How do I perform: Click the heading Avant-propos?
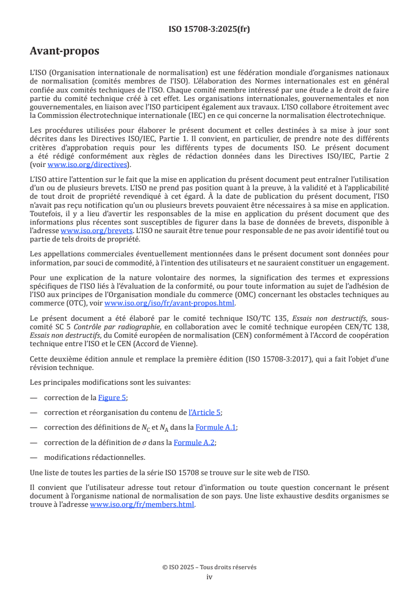pyautogui.click(x=64, y=51)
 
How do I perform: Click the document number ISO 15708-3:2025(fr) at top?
pyautogui.click(x=209, y=29)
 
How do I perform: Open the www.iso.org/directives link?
pyautogui.click(x=87, y=164)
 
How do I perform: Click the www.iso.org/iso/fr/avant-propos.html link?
pyautogui.click(x=170, y=303)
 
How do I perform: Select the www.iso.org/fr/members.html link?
pyautogui.click(x=143, y=504)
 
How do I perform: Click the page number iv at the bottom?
pyautogui.click(x=209, y=577)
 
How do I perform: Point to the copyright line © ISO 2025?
pyautogui.click(x=209, y=567)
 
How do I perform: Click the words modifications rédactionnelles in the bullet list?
pyautogui.click(x=95, y=458)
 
